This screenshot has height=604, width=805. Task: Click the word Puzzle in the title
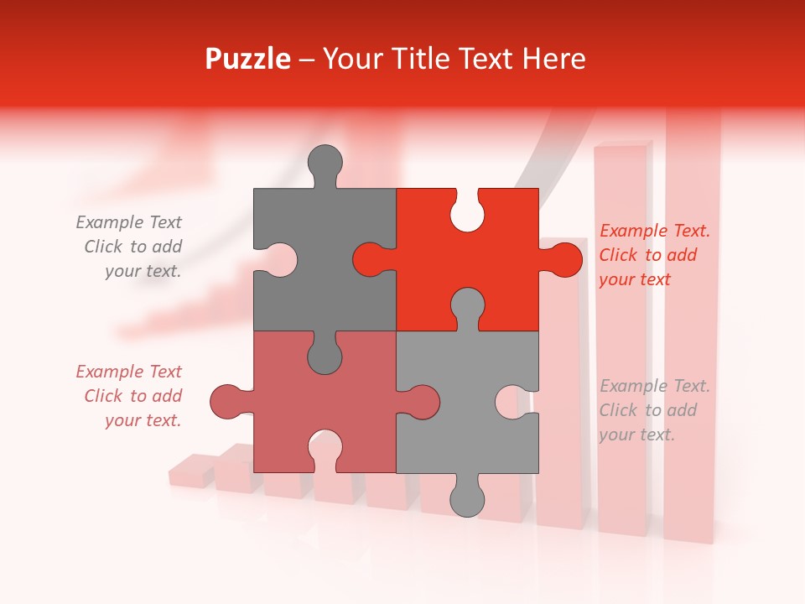point(248,59)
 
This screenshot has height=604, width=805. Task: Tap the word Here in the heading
point(553,59)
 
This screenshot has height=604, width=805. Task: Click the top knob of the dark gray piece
point(325,164)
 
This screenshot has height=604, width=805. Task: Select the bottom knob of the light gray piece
point(467,496)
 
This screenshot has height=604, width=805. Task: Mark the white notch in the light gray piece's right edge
point(514,402)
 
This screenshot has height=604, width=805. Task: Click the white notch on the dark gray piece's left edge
point(278,259)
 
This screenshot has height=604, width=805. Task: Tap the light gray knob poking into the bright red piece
point(467,306)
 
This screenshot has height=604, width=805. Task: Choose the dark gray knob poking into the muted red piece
point(325,353)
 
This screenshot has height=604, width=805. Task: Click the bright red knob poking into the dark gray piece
point(372,259)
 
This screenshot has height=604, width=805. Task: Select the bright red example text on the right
point(654,255)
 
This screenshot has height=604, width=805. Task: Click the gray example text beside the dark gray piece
point(130,247)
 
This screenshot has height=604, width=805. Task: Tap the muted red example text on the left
point(130,396)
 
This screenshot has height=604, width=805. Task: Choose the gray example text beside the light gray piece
point(654,410)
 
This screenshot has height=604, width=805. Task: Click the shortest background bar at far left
point(192,471)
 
